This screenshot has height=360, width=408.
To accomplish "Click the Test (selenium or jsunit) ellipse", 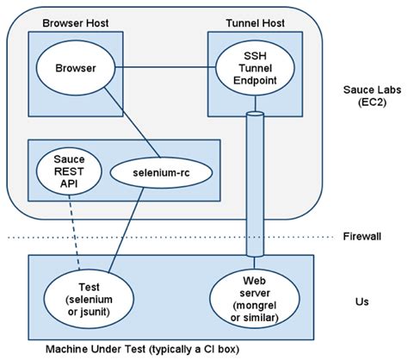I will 84,296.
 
